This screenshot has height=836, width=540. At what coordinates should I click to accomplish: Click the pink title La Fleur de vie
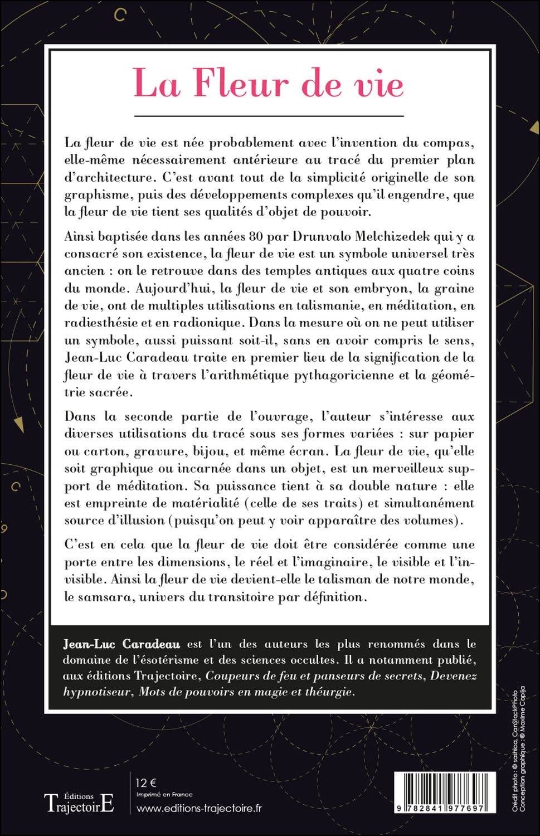pos(269,84)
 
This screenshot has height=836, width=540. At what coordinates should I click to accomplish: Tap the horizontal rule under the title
pos(269,116)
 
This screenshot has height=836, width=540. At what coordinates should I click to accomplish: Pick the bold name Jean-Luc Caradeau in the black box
pos(121,644)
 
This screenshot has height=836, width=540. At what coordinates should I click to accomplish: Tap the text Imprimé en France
pos(164,795)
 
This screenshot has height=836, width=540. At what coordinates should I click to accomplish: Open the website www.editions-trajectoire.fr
pos(199,808)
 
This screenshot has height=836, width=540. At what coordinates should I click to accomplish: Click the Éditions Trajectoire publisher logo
pos(79,802)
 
